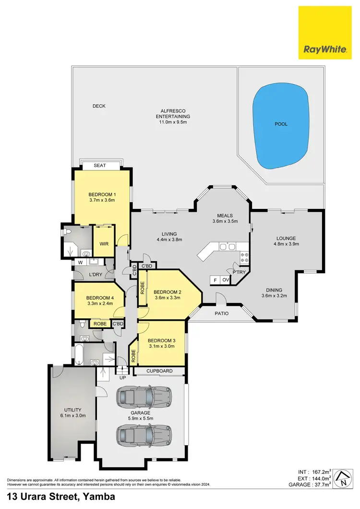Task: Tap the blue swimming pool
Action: point(281,125)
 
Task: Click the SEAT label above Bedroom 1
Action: point(100,166)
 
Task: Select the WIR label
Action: point(103,244)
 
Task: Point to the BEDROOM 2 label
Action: point(167,291)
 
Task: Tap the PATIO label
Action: point(221,314)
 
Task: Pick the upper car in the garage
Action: point(144,397)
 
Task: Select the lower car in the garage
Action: point(144,435)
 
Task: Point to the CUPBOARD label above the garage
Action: point(159,372)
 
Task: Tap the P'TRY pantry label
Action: point(239,272)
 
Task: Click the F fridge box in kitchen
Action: point(215,280)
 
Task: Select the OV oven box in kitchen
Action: point(225,280)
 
